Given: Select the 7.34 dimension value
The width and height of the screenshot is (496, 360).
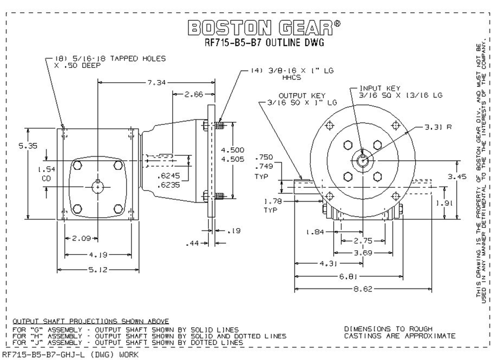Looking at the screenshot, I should (x=158, y=83).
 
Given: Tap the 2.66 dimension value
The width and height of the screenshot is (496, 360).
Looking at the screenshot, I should (x=193, y=94).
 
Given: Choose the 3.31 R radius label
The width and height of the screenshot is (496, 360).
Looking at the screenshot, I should (x=437, y=127).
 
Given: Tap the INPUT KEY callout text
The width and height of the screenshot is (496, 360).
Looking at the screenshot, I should (x=374, y=87).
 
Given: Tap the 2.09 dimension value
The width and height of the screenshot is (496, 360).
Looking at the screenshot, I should (x=80, y=238).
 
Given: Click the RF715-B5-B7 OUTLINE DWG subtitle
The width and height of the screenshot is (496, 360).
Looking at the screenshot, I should (x=264, y=43).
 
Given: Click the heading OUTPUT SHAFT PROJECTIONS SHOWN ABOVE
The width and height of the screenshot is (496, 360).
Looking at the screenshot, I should (x=91, y=321).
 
